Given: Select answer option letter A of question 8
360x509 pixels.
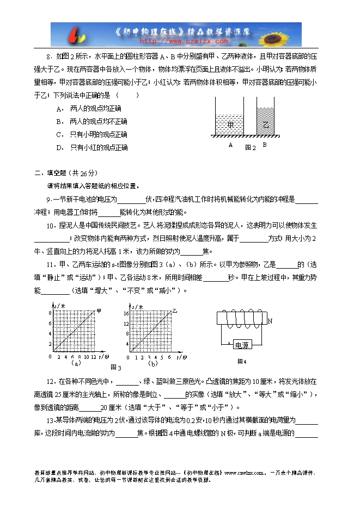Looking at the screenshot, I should click(59, 108).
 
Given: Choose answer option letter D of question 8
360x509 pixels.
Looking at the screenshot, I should click(59, 147).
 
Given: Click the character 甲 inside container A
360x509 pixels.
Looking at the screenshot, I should click(230, 125).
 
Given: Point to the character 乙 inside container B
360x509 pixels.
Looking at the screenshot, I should click(266, 125).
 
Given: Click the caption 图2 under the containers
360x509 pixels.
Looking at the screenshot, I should click(250, 147).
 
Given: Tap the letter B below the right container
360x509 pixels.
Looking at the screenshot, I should click(265, 145).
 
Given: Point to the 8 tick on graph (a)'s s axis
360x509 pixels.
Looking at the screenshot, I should click(50, 314).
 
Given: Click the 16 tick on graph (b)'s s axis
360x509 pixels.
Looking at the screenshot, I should click(125, 314).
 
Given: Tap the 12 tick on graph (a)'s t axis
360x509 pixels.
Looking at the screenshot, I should click(94, 357).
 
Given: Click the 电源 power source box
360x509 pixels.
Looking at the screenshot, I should click(241, 345).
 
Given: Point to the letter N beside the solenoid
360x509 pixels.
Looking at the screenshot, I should click(270, 321).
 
